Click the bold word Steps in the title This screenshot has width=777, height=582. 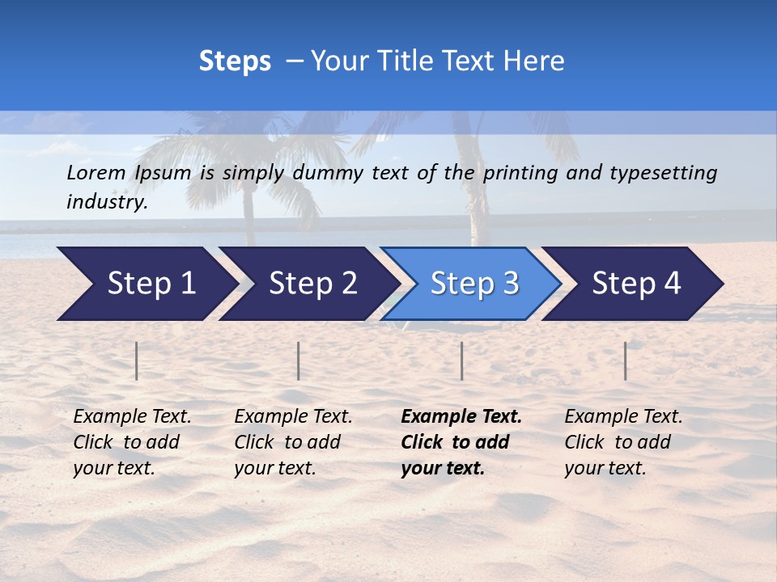[235, 61]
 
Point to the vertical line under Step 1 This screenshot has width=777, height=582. [137, 361]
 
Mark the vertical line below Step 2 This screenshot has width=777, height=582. [299, 361]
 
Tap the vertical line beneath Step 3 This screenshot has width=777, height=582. [461, 361]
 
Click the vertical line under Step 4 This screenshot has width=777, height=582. [626, 361]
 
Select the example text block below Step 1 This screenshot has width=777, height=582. [131, 442]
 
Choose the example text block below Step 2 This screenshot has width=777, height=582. [292, 442]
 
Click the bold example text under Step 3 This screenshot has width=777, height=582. [461, 442]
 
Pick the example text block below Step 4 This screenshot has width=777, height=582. [622, 442]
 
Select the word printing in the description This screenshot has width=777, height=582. [521, 173]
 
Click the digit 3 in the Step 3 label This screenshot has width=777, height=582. [510, 284]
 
